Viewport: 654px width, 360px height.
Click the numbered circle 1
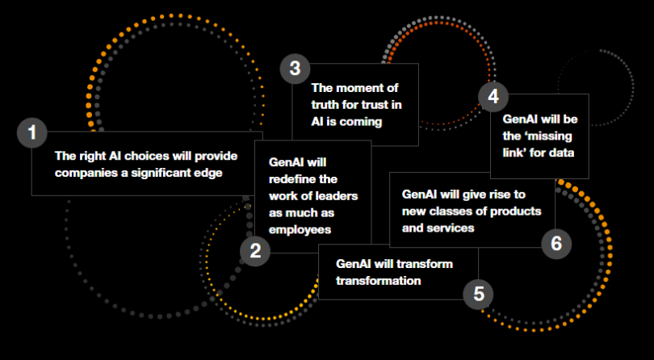pyautogui.click(x=32, y=132)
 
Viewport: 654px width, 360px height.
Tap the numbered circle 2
pyautogui.click(x=255, y=250)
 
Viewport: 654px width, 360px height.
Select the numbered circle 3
pyautogui.click(x=296, y=69)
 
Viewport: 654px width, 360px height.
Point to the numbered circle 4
pyautogui.click(x=493, y=96)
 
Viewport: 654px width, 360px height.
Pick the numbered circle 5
pyautogui.click(x=479, y=294)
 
